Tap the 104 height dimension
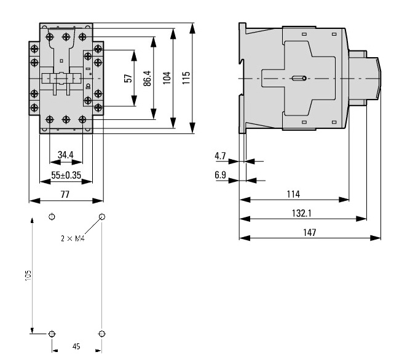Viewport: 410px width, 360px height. tap(167, 79)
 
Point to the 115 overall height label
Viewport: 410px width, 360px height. tap(186, 79)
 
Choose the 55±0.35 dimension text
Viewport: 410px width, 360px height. tap(66, 174)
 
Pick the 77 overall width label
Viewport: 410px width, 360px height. tap(65, 194)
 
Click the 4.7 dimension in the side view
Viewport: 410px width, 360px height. tap(220, 156)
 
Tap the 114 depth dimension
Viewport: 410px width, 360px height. tap(293, 194)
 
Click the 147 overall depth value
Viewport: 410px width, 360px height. tap(309, 232)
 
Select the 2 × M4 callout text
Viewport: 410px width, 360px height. tap(73, 238)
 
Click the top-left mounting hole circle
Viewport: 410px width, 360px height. tap(52, 216)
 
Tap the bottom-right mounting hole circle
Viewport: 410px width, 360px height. tap(101, 334)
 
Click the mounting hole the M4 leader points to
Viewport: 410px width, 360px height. tap(101, 216)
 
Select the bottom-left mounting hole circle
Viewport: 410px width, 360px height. tap(52, 334)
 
